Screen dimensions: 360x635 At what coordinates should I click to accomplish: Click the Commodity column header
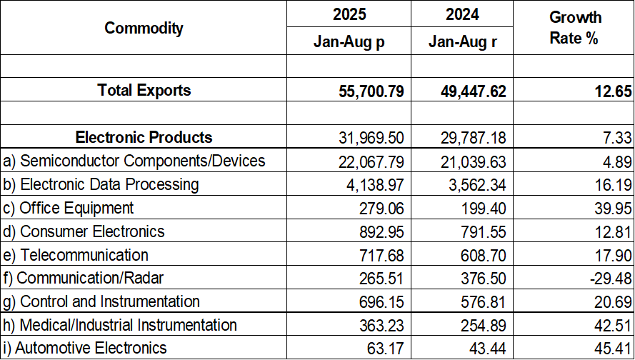click(x=144, y=28)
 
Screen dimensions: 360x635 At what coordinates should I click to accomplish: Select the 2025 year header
click(x=349, y=14)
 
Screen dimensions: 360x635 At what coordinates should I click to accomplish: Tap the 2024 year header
click(x=462, y=14)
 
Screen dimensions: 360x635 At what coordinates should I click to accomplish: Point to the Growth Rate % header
click(x=574, y=28)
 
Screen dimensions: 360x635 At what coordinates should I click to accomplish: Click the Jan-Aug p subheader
click(x=349, y=41)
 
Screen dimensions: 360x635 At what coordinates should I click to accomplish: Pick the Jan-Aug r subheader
click(x=462, y=41)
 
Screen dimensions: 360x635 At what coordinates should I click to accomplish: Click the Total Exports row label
click(x=144, y=90)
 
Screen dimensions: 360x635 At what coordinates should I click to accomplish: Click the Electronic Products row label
click(x=144, y=137)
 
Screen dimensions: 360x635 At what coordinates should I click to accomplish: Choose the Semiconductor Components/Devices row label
click(x=134, y=161)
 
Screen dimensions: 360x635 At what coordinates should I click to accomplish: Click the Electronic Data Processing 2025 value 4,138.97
click(x=376, y=185)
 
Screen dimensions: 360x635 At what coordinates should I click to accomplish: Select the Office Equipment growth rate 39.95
click(x=612, y=209)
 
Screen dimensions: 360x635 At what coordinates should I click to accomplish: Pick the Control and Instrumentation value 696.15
click(x=380, y=302)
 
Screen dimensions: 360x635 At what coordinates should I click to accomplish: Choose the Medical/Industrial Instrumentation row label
click(x=120, y=325)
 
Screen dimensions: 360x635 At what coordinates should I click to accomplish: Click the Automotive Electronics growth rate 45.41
click(x=612, y=349)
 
